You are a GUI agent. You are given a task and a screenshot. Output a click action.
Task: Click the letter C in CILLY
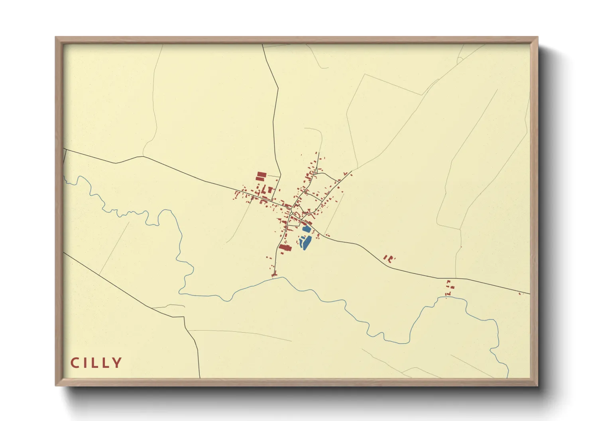tap(75, 363)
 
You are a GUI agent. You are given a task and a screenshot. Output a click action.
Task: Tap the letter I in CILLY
tap(85, 363)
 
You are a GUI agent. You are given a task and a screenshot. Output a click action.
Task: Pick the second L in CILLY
tap(106, 363)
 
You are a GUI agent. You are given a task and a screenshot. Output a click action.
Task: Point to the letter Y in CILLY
tap(117, 363)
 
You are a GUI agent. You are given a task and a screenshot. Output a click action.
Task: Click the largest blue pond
tap(305, 242)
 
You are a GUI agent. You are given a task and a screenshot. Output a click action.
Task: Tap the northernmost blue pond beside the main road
tap(306, 229)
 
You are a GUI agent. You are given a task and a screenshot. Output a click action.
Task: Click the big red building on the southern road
tap(285, 248)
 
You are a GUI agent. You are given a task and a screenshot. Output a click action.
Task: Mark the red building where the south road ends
tap(274, 273)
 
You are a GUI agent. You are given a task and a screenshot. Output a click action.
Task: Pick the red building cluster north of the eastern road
tap(388, 258)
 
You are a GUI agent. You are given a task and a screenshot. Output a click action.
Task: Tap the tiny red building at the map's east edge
tap(520, 294)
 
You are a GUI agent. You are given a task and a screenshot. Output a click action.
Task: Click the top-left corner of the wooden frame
tap(56, 37)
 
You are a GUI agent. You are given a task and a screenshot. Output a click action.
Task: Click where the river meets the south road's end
tap(275, 278)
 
